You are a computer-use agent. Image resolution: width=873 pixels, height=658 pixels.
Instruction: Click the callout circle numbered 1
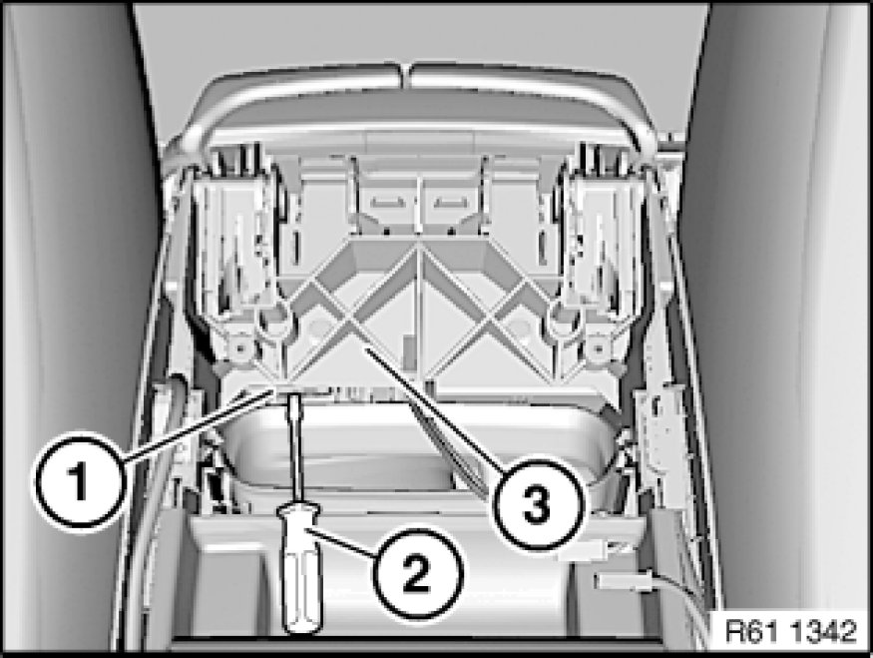[x=78, y=480]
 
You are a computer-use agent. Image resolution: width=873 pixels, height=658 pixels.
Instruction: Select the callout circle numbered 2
[x=418, y=574]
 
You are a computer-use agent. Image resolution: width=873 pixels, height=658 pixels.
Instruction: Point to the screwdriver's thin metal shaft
[x=294, y=447]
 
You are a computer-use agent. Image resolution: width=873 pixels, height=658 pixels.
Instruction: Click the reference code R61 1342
[x=790, y=632]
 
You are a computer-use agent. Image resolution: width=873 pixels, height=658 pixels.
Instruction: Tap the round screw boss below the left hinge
[x=241, y=348]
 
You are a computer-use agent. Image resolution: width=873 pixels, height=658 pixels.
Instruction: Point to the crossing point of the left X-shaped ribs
[x=347, y=320]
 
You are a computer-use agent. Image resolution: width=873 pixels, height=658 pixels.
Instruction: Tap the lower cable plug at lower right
[x=624, y=582]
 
